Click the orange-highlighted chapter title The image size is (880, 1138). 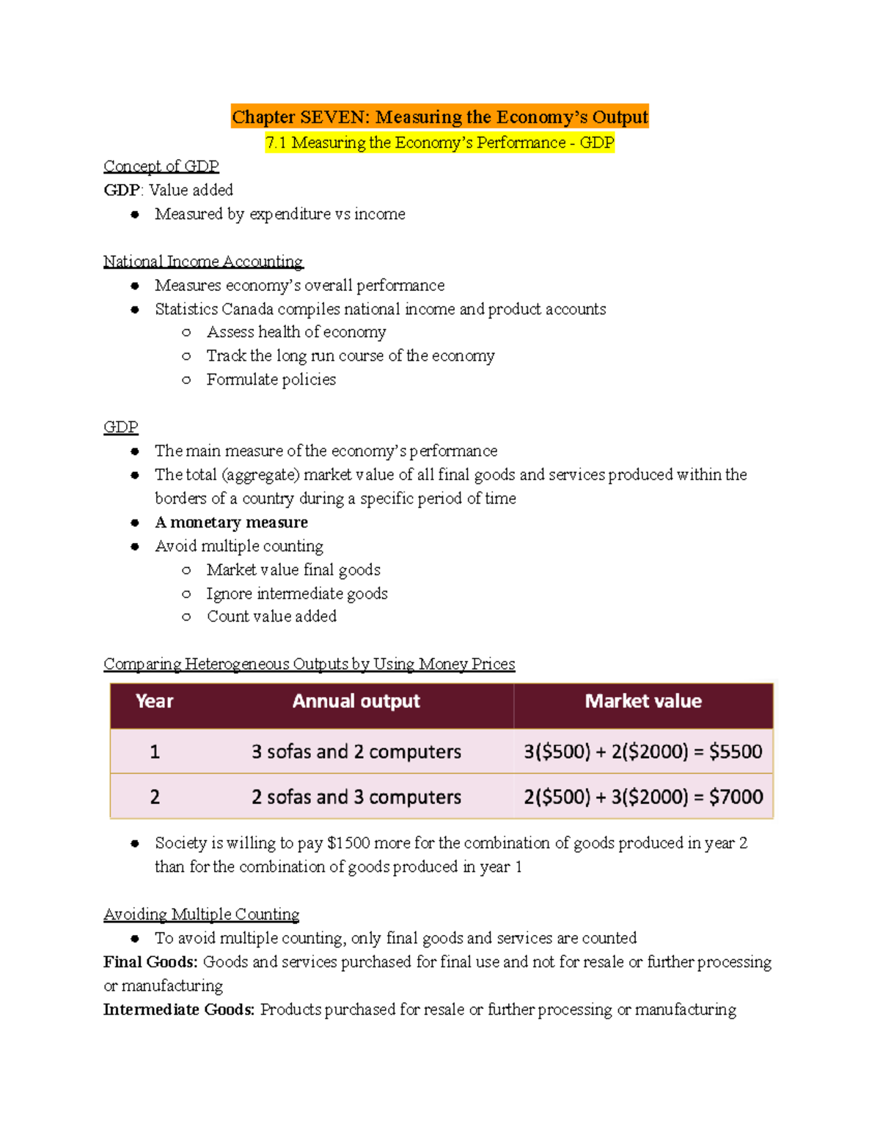tap(440, 117)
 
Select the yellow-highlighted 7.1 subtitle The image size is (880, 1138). tap(440, 143)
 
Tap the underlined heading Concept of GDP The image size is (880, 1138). tap(161, 166)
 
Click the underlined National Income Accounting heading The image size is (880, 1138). tap(203, 262)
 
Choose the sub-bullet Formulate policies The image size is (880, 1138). tap(271, 380)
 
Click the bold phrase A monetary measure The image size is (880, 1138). tap(231, 522)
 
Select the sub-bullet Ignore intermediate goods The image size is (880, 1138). tap(296, 594)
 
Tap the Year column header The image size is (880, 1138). tap(154, 701)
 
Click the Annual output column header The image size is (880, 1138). tap(356, 701)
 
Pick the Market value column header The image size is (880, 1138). tap(643, 701)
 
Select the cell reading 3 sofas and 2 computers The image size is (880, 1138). tap(356, 752)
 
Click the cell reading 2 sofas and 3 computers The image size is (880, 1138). tap(356, 797)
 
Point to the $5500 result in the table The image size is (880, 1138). tap(736, 752)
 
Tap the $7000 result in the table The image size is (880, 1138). tap(736, 797)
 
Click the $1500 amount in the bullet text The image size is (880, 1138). tap(348, 843)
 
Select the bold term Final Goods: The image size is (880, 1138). tap(150, 962)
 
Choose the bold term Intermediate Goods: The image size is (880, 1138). tap(179, 1010)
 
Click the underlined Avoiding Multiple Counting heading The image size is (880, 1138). tap(201, 915)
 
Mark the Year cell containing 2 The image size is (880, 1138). tap(155, 797)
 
